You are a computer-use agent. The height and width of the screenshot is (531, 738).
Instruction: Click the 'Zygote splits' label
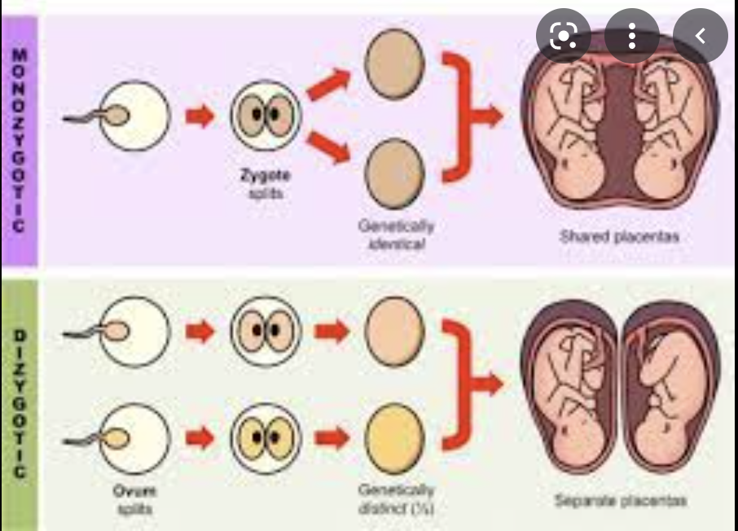tap(265, 181)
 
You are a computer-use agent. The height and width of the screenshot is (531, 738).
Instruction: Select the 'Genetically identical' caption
tap(394, 235)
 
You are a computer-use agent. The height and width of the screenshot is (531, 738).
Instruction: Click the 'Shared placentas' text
tap(620, 237)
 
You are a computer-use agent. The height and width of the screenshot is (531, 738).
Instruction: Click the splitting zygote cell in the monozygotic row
tap(265, 115)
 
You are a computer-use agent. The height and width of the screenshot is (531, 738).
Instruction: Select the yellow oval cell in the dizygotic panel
tap(394, 439)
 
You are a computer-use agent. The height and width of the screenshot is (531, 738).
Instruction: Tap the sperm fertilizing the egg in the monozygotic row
tap(104, 116)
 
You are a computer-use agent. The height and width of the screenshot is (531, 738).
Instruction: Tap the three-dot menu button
tap(632, 36)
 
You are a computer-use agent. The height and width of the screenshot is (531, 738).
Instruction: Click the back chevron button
tap(700, 36)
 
